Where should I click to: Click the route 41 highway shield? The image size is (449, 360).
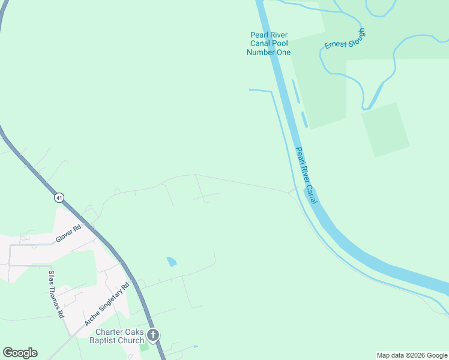[58, 197]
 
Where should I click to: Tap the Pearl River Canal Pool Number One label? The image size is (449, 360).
[268, 43]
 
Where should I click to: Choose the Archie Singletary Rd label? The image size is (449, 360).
[107, 304]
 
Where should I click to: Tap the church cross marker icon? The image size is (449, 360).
[153, 335]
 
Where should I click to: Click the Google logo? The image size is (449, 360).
[20, 353]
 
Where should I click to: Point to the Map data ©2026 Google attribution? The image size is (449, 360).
[412, 355]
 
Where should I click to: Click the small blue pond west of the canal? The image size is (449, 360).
[172, 262]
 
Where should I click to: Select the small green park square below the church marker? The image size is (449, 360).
[143, 347]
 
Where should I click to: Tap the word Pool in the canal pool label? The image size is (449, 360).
[279, 43]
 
